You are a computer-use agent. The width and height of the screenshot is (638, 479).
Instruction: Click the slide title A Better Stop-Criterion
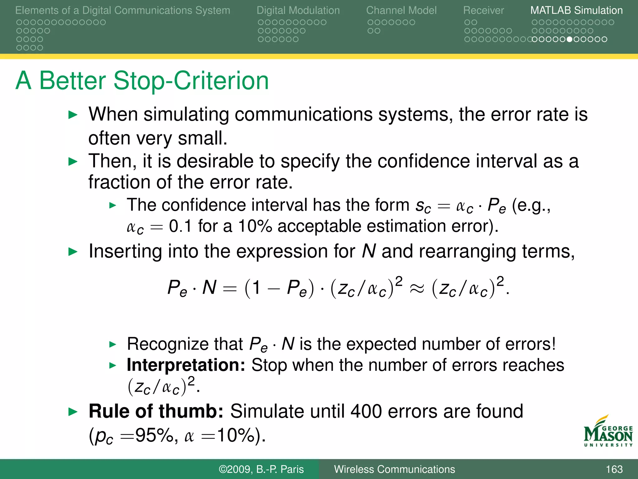[x=142, y=81]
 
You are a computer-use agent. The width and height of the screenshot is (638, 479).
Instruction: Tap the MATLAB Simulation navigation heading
[x=576, y=10]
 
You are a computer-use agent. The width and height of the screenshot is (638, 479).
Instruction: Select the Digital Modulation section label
[x=298, y=10]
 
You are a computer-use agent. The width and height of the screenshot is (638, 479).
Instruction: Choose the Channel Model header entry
[x=401, y=10]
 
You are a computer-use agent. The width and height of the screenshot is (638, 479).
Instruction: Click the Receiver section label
[x=483, y=10]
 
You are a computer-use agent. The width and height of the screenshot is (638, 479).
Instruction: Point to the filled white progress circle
[x=569, y=39]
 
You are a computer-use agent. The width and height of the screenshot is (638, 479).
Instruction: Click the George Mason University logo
[x=608, y=432]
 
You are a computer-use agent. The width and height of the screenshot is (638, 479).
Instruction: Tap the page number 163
[x=614, y=469]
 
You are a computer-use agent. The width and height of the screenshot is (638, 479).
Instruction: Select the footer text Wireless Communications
[x=394, y=469]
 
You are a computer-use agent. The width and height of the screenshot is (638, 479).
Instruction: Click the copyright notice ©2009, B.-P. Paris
[x=261, y=469]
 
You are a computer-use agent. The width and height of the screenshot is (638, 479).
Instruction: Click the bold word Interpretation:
[x=186, y=365]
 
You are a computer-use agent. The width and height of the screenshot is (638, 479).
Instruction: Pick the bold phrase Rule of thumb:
[x=156, y=411]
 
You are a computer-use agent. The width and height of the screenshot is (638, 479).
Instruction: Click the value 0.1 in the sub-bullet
[x=180, y=226]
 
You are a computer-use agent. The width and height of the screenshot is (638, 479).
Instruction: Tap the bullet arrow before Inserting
[x=73, y=252]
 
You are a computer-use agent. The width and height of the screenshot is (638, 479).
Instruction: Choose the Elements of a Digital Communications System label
[x=122, y=10]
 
